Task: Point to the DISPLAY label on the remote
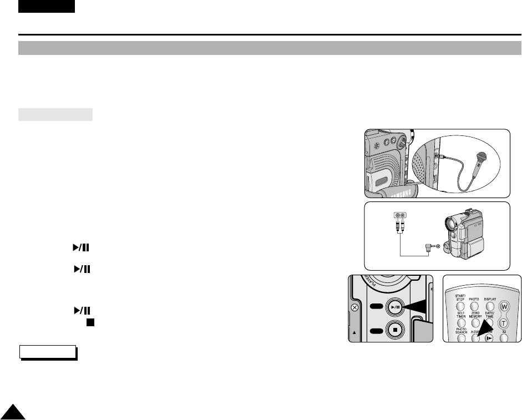pos(490,299)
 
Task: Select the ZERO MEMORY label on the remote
pos(475,315)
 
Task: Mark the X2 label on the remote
pos(504,331)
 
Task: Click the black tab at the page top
pos(46,6)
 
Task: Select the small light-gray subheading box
pos(55,115)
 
